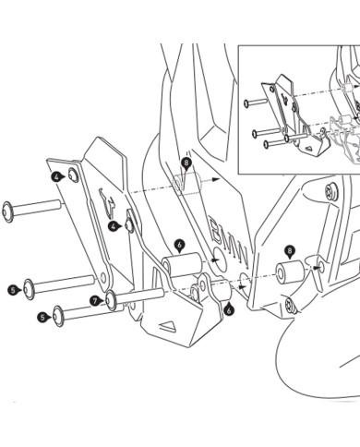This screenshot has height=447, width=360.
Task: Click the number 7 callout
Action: (95, 300)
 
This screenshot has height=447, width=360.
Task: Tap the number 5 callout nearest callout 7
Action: (43, 317)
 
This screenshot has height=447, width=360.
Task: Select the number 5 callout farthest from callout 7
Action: (13, 289)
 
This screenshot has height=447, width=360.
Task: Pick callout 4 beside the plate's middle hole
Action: (114, 225)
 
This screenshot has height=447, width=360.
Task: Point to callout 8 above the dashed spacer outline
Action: (186, 163)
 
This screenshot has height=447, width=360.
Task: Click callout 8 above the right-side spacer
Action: (264, 250)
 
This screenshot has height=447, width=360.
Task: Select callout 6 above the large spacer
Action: (179, 245)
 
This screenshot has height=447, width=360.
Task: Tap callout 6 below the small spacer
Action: (228, 309)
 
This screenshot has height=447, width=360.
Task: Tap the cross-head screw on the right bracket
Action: (290, 303)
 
